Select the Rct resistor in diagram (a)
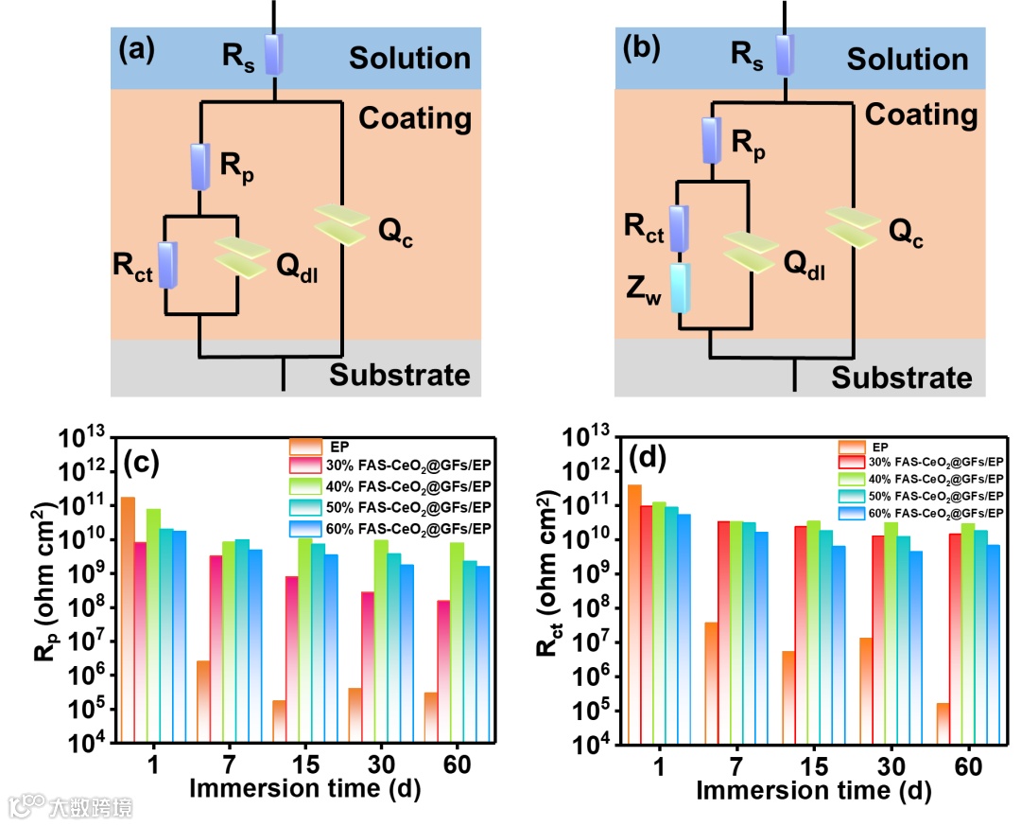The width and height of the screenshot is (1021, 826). coord(168,264)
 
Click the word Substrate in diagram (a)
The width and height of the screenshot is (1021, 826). coord(399,375)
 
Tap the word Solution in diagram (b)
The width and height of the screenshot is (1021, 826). coord(907,60)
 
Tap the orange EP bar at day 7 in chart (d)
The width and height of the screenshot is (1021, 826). coord(710,682)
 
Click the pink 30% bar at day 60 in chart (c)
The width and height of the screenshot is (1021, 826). coord(443,671)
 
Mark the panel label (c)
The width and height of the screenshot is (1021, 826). coord(144,462)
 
